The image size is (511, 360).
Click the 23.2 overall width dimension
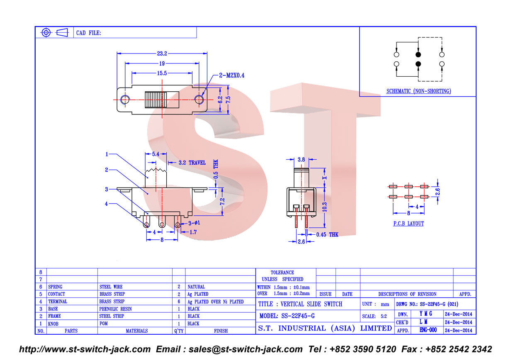click(162, 54)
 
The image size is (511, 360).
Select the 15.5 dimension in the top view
click(162, 73)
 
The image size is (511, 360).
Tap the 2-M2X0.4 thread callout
click(231, 75)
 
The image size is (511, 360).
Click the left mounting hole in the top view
click(125, 100)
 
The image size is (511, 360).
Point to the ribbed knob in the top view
click(153, 100)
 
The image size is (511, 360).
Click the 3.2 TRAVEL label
click(192, 163)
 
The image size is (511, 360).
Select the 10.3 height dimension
click(325, 207)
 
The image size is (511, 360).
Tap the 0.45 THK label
click(327, 234)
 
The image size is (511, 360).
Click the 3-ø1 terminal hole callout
click(194, 223)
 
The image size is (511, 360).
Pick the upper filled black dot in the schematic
click(418, 54)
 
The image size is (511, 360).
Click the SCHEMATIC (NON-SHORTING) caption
click(419, 91)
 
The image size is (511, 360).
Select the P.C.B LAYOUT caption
click(408, 224)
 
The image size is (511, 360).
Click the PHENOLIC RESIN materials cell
click(115, 309)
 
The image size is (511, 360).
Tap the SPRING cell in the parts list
click(55, 287)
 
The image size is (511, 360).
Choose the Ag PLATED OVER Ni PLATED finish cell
click(215, 302)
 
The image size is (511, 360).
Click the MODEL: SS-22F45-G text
click(287, 316)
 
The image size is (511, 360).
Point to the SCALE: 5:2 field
click(375, 316)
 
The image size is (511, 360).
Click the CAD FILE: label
click(88, 33)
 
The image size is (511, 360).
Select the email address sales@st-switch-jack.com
click(246, 349)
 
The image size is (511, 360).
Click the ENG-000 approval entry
click(428, 330)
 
